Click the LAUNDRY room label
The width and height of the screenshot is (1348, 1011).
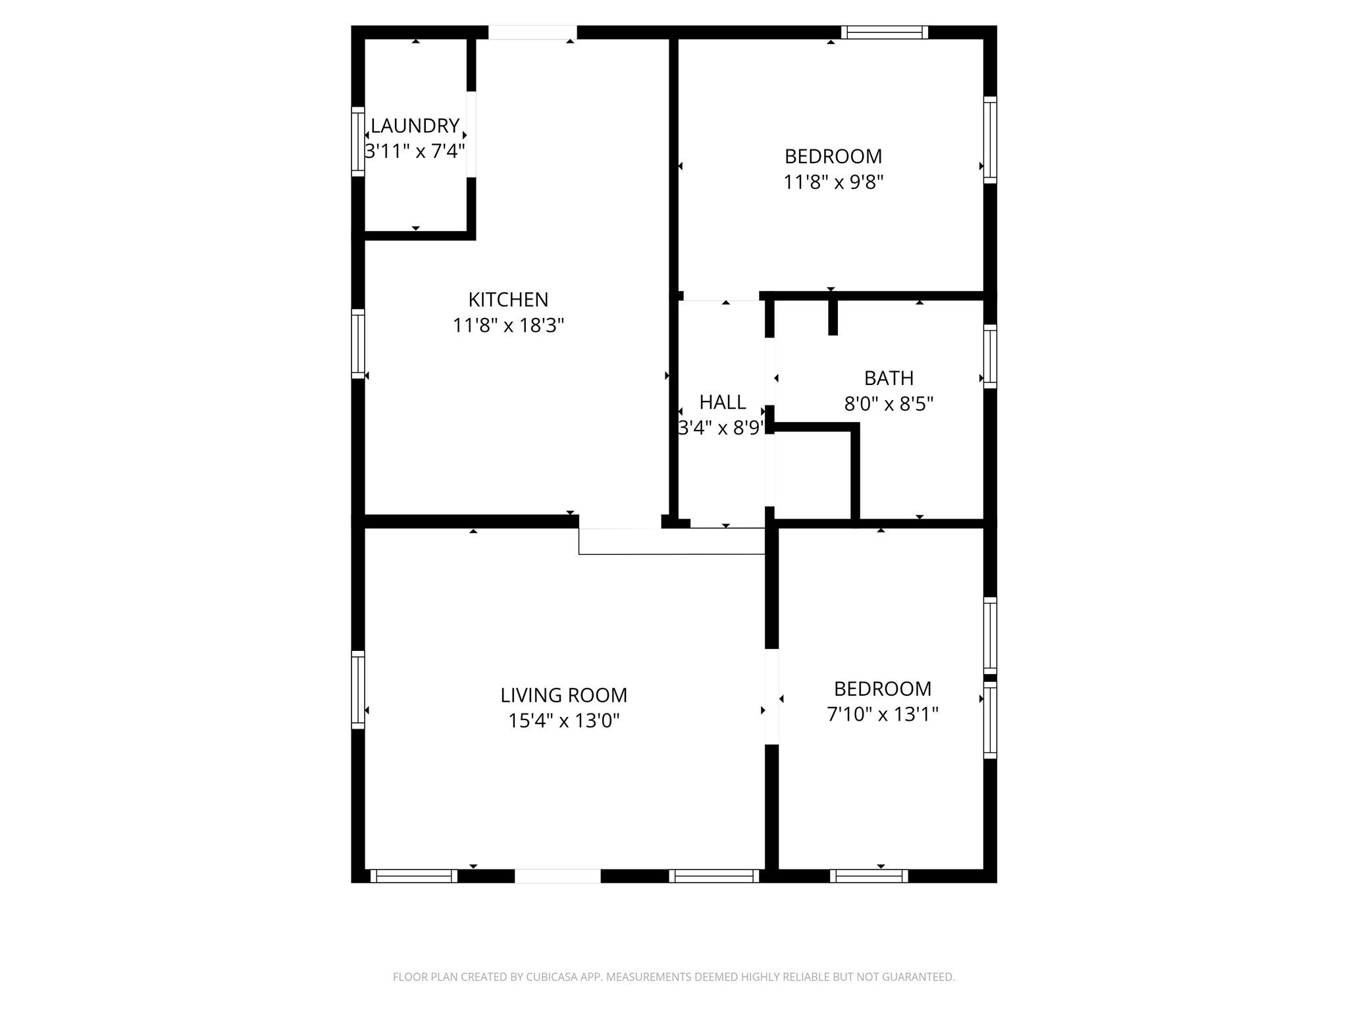[415, 126]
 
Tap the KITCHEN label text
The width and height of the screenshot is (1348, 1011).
[508, 300]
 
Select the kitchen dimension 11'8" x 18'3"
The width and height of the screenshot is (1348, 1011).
[508, 326]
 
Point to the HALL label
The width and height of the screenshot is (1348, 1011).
[722, 402]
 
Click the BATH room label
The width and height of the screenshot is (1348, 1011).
[889, 378]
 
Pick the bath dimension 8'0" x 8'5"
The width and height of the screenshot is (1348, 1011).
[889, 404]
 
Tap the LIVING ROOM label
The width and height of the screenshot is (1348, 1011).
[563, 696]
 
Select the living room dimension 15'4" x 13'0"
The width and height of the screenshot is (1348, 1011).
[563, 721]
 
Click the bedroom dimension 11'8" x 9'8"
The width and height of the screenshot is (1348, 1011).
[833, 182]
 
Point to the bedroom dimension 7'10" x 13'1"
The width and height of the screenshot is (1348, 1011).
[882, 715]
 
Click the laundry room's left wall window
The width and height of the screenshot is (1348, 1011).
[357, 142]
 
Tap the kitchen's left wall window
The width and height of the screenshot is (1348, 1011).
[357, 344]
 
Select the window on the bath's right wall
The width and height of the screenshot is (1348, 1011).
[990, 356]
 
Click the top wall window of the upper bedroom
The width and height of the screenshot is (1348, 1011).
[884, 32]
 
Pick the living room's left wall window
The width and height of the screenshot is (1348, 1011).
[357, 690]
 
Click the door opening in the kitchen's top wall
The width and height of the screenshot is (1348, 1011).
[532, 32]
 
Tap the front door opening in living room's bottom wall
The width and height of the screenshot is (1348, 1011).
[557, 876]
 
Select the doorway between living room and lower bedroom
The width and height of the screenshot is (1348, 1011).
[771, 696]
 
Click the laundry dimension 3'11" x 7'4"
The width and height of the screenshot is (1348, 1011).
[415, 151]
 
